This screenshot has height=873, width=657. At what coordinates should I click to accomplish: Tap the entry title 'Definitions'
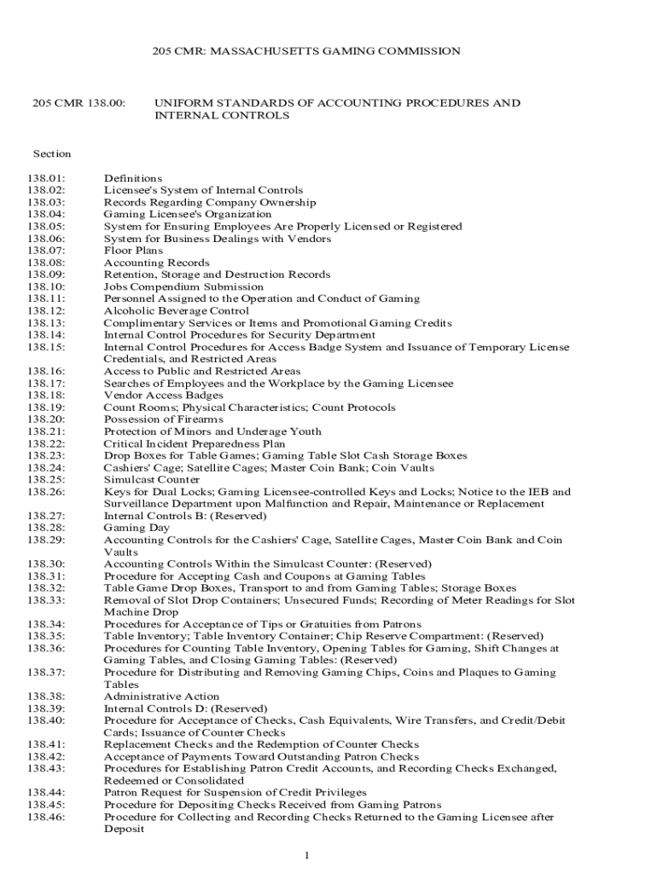133,178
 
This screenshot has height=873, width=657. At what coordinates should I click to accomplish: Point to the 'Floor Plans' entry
133,251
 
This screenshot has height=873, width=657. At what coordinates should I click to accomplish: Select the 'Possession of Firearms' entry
163,419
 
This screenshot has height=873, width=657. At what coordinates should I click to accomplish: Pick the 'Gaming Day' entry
137,528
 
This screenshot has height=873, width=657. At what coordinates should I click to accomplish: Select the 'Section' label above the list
52,154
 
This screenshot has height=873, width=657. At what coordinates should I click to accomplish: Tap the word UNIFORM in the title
181,103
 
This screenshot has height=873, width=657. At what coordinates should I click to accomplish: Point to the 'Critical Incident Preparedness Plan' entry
195,443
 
